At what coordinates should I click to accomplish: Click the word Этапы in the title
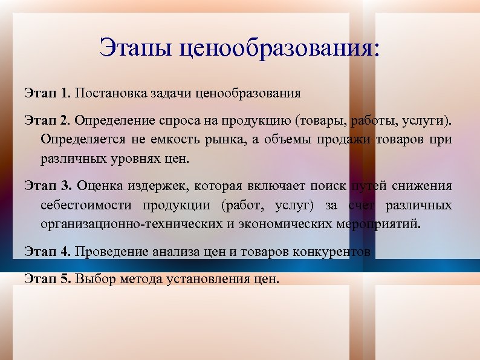[136, 48]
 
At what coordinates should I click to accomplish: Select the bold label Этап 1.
[48, 94]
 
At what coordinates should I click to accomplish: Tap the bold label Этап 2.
[48, 120]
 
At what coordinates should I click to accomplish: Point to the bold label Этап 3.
[48, 185]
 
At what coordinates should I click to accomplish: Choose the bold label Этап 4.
[48, 251]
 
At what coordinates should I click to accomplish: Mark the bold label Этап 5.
[48, 279]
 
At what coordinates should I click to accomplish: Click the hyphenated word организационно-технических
[122, 225]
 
